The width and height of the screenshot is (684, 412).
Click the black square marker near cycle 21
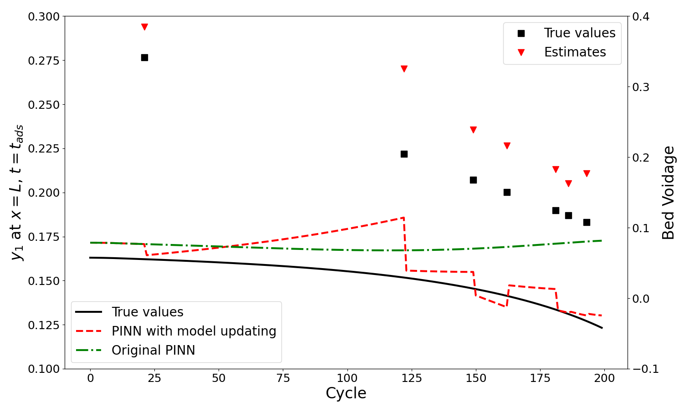pos(144,57)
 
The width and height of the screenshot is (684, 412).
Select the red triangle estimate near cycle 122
pos(404,69)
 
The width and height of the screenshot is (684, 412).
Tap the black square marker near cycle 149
pos(473,180)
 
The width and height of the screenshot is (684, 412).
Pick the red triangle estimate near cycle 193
pos(587,173)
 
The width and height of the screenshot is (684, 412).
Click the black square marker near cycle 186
pos(568,215)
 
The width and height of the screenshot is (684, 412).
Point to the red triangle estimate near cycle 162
pos(507,146)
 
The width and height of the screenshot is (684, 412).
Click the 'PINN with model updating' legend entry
pos(194,331)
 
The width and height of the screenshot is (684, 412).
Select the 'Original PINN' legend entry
pos(153,350)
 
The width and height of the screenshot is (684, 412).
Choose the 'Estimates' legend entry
pos(575,52)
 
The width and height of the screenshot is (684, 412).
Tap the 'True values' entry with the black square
pos(579,33)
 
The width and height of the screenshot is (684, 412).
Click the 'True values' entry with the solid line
pos(147,312)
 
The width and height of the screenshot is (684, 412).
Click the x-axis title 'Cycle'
pos(346,393)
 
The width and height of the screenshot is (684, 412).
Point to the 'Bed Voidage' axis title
pos(669,193)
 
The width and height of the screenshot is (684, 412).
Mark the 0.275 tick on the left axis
pos(44,61)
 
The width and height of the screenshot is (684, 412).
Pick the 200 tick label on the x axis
pos(604,378)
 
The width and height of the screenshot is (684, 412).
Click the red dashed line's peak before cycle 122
pos(403,218)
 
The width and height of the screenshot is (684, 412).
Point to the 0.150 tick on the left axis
pos(44,281)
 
